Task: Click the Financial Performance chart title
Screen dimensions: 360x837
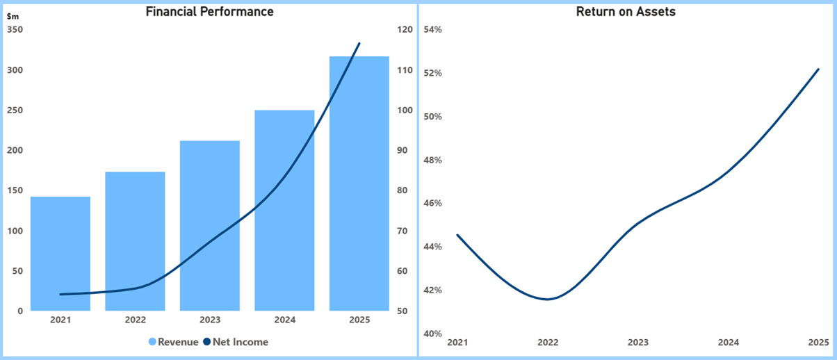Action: coord(209,12)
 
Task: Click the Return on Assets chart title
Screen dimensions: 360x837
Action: coord(626,12)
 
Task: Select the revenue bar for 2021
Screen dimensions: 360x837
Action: coord(60,254)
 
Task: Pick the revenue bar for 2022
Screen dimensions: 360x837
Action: coord(135,241)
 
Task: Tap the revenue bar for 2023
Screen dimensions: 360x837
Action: coord(210,226)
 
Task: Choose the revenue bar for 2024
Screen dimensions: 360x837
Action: coord(284,211)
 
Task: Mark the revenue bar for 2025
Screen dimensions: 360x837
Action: coord(359,183)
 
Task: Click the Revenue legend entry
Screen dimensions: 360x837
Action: coord(173,342)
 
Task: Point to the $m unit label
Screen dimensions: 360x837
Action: coord(13,16)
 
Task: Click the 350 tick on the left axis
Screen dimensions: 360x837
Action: coord(15,30)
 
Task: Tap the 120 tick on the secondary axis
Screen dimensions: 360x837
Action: coord(405,30)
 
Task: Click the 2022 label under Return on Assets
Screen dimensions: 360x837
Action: coord(548,343)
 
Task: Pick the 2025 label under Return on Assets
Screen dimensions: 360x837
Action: coord(819,343)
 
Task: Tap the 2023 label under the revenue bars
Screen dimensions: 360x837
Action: coord(210,320)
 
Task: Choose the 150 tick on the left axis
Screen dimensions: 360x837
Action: coord(15,190)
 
